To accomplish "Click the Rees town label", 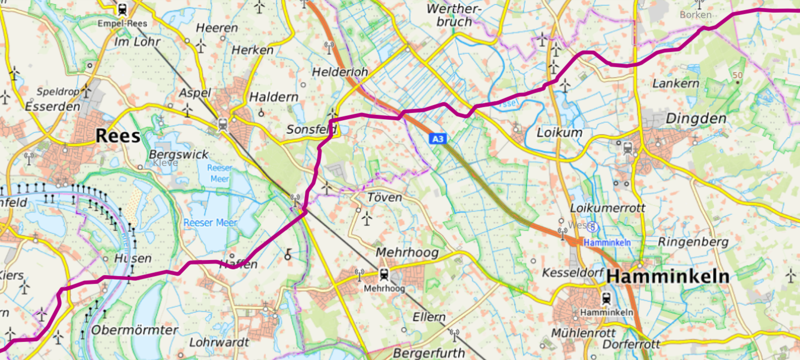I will click(118, 136).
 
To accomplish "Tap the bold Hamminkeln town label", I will click(667, 277).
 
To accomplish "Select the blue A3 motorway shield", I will click(438, 139).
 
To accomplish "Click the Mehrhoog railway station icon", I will click(384, 275).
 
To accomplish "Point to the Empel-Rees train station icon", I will click(122, 9).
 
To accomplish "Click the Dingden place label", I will click(696, 118).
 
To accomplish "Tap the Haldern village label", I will click(274, 97).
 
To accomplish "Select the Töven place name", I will click(384, 197).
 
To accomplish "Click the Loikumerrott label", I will click(608, 208).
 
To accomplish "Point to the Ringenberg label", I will click(693, 242).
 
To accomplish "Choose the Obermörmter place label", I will click(134, 330).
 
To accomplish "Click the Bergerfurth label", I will click(429, 353).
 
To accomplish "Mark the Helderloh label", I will click(340, 72).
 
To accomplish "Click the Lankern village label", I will click(675, 83).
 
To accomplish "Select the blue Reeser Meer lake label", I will click(210, 223).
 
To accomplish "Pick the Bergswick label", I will click(178, 154).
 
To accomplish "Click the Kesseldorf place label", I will click(573, 272).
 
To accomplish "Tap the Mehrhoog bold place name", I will click(407, 252).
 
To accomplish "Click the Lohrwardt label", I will click(219, 342).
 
